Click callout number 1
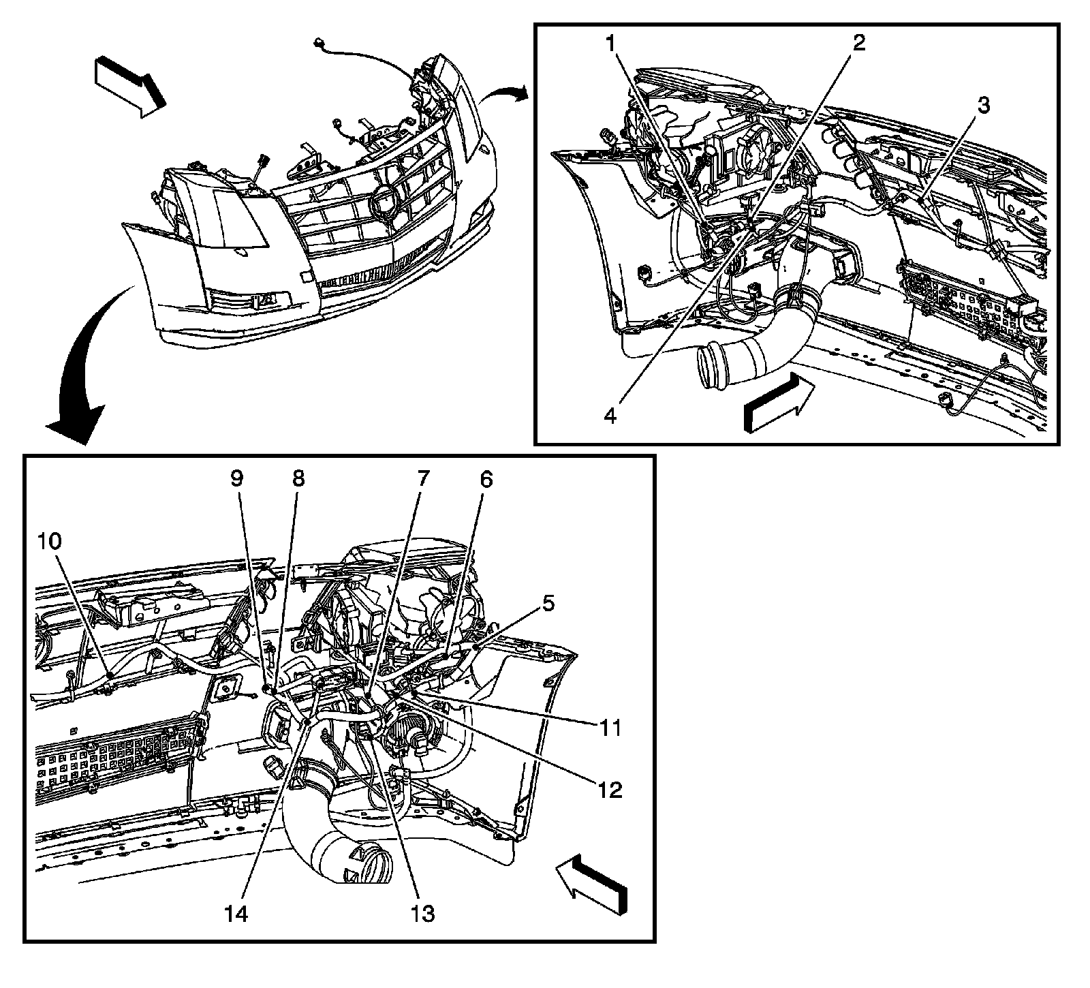[x=611, y=44]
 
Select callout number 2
[x=859, y=44]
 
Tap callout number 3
[x=983, y=106]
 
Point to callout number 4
[x=610, y=415]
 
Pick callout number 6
[x=486, y=480]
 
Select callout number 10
[x=50, y=542]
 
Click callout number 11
[x=610, y=728]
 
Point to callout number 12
[x=610, y=790]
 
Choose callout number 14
[x=236, y=913]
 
